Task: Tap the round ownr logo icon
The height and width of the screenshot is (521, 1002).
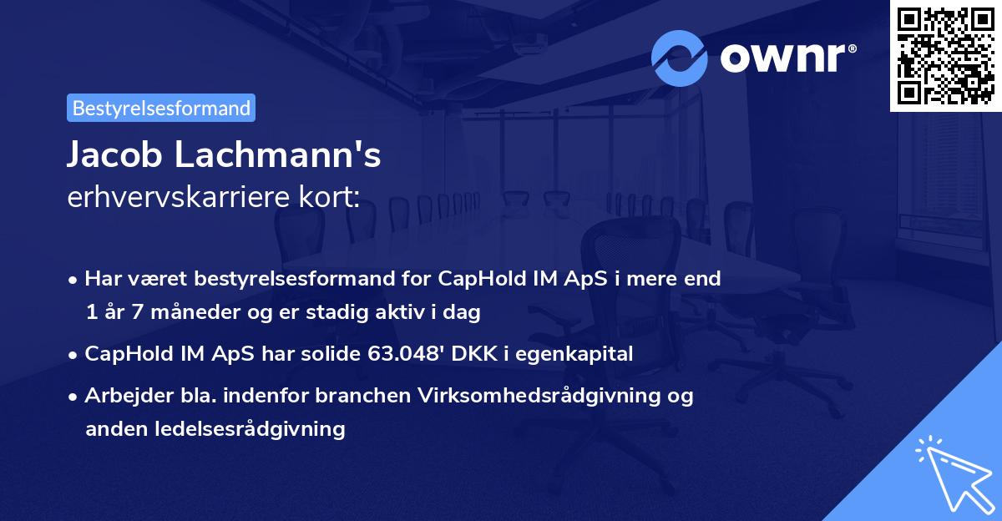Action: click(x=680, y=58)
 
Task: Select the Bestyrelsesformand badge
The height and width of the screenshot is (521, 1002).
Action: click(x=161, y=108)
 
